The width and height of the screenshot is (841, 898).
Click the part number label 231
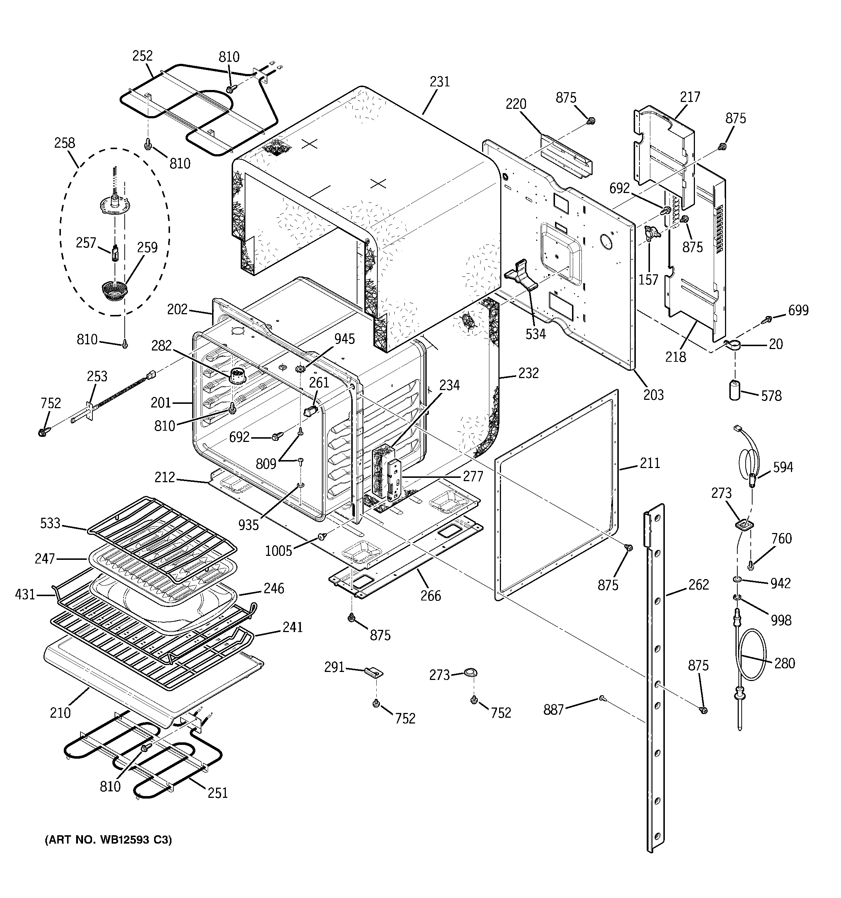[439, 82]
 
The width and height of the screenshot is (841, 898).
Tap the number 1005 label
[278, 551]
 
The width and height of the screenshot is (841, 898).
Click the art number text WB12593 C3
[108, 840]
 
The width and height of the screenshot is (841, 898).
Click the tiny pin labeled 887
[602, 699]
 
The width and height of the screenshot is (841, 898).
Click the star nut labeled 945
[300, 369]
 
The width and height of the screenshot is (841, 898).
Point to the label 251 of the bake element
[217, 793]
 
